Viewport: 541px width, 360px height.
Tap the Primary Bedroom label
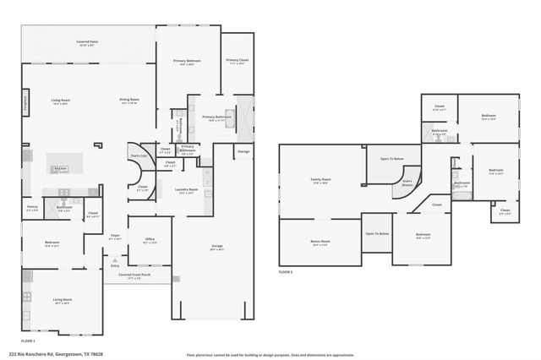187,61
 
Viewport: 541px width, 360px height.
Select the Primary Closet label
238,60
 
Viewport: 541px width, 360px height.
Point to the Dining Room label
129,100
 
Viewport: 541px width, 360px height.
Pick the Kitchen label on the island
60,169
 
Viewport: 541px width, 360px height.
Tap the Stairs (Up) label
139,155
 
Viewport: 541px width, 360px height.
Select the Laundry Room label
187,189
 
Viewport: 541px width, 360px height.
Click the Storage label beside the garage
243,152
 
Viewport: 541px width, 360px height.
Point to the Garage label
217,246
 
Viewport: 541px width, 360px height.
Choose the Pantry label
32,206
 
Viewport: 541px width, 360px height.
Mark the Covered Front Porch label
134,275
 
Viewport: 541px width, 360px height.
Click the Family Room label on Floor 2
320,179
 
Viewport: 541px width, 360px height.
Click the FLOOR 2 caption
286,272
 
